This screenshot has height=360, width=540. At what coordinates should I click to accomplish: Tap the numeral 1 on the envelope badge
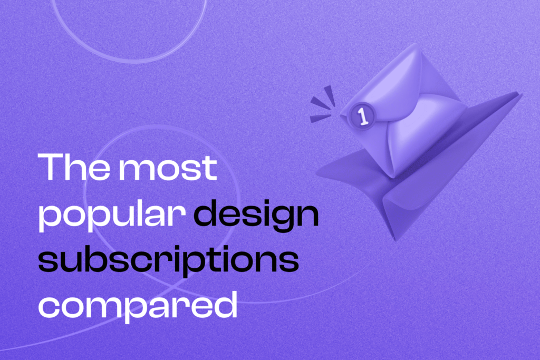tap(363, 116)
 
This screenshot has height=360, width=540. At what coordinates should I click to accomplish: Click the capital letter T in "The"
tap(51, 168)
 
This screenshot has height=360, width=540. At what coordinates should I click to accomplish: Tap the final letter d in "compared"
tap(224, 305)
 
